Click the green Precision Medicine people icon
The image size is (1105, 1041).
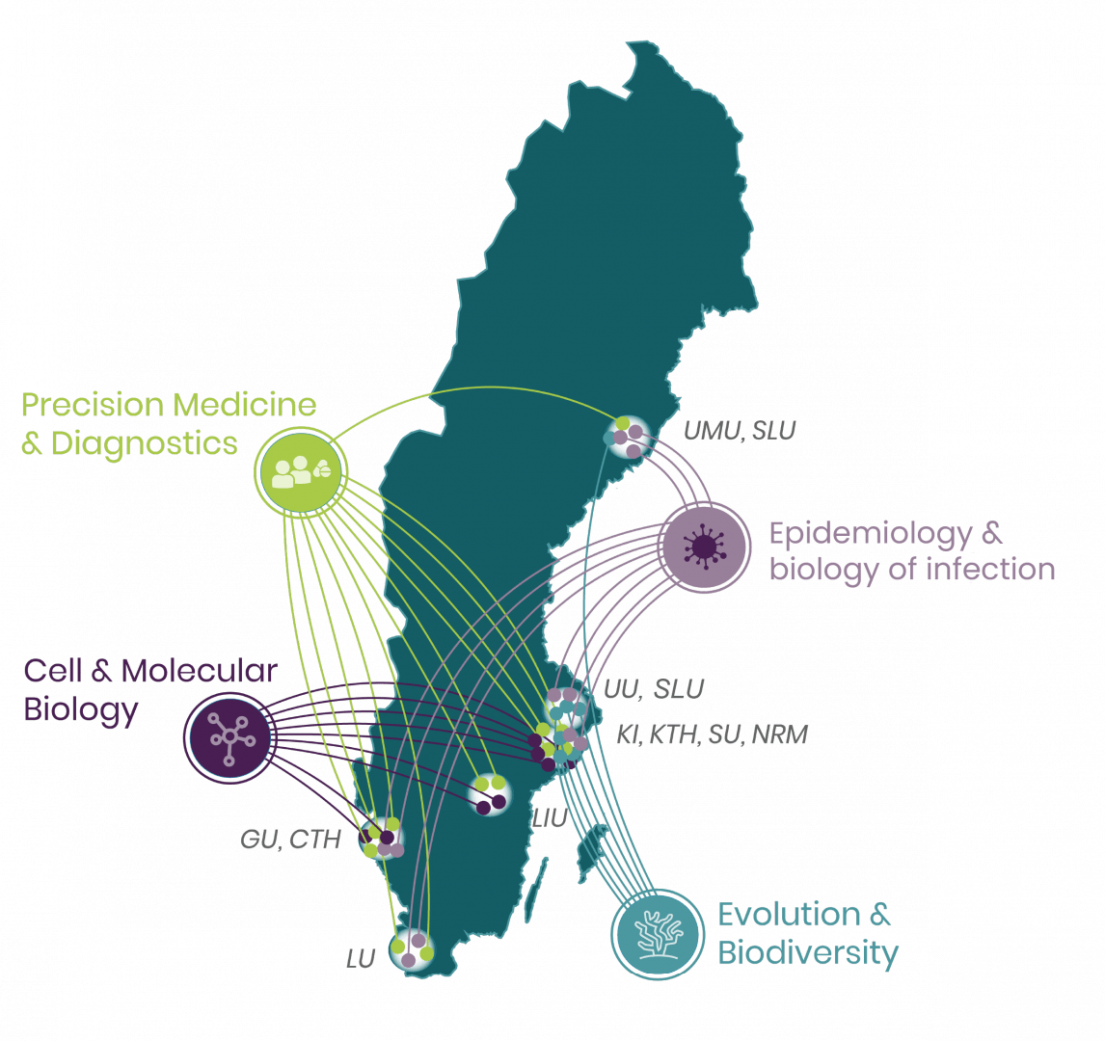(x=299, y=470)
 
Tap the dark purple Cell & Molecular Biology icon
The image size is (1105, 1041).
(x=229, y=737)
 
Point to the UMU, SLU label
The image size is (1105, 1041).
(x=740, y=431)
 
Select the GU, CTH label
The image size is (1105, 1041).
(x=290, y=840)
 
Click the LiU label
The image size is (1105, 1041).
(x=549, y=819)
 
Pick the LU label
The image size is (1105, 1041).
(x=361, y=959)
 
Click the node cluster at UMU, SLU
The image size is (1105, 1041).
(x=628, y=436)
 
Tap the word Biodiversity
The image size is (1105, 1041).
(x=808, y=953)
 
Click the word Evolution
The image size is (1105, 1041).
(x=790, y=915)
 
